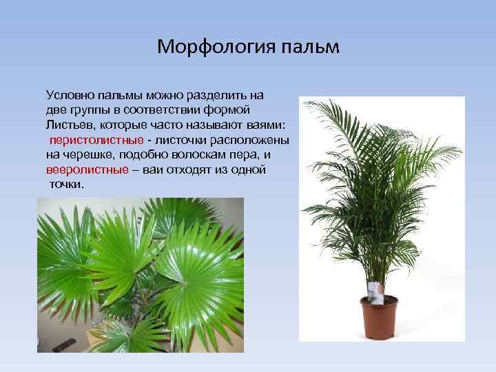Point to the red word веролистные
coord(87,169)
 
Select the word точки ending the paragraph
coord(66,185)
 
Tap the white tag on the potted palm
coord(375,291)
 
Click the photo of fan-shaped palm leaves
coord(140,275)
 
